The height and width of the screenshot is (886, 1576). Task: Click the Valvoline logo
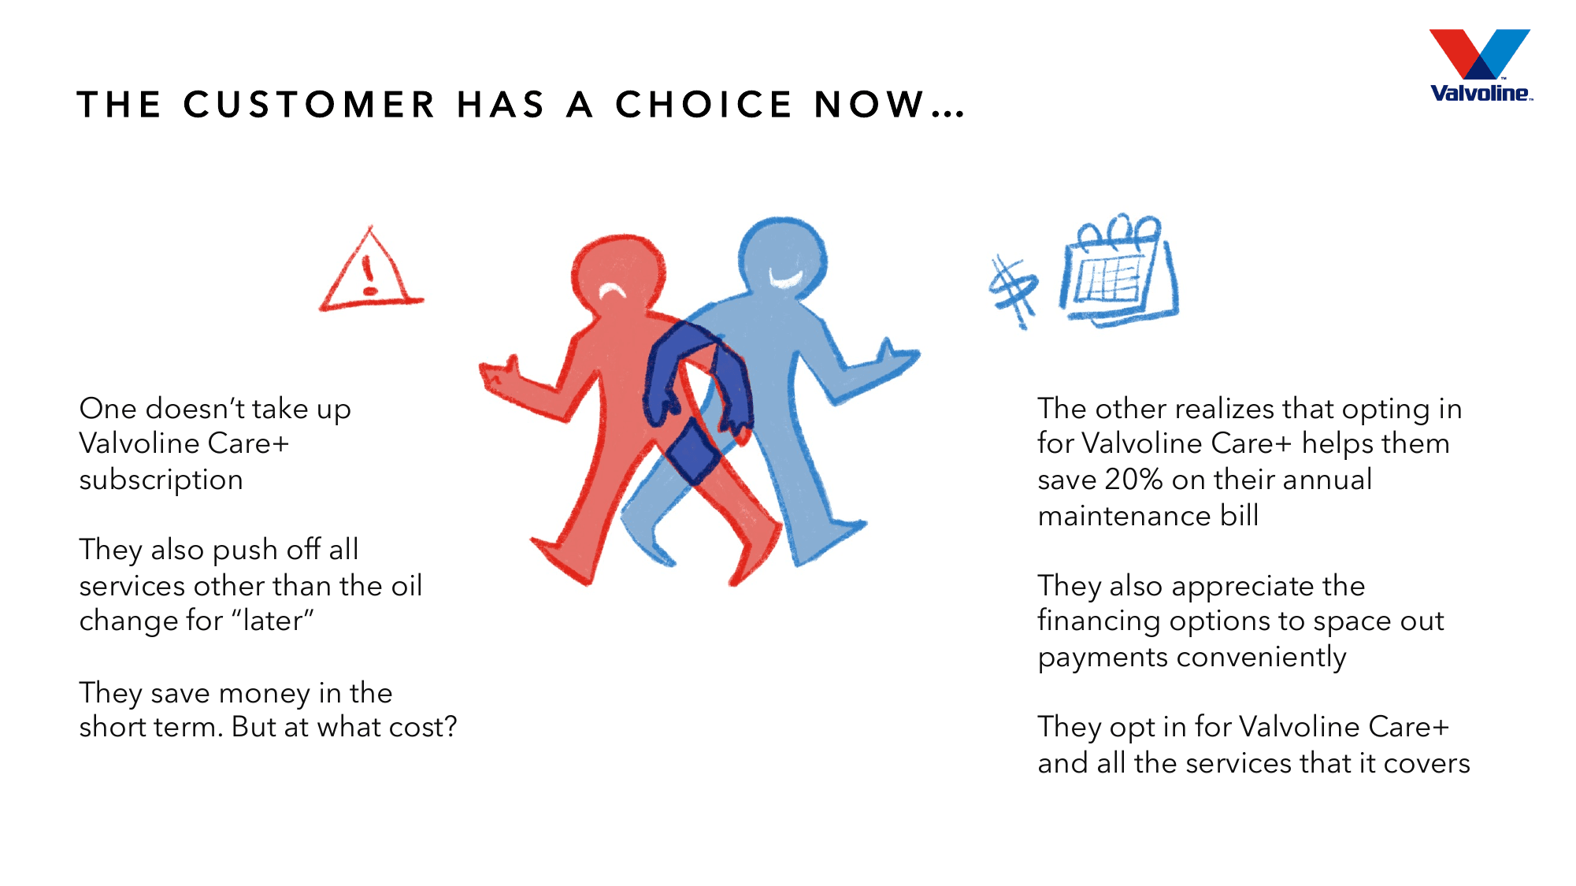point(1480,66)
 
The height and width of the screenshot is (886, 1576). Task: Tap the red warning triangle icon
point(370,272)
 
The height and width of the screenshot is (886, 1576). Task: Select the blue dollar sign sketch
point(1014,290)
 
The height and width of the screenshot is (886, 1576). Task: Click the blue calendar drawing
point(1118,272)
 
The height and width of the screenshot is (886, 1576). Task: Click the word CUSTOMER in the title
point(309,105)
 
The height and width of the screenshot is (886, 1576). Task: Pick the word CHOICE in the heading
point(703,105)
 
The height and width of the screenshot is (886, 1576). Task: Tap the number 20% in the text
point(1133,480)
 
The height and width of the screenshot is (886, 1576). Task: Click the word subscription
point(161,480)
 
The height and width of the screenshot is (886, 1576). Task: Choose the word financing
point(1099,621)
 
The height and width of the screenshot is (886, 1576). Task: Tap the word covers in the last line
point(1426,763)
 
